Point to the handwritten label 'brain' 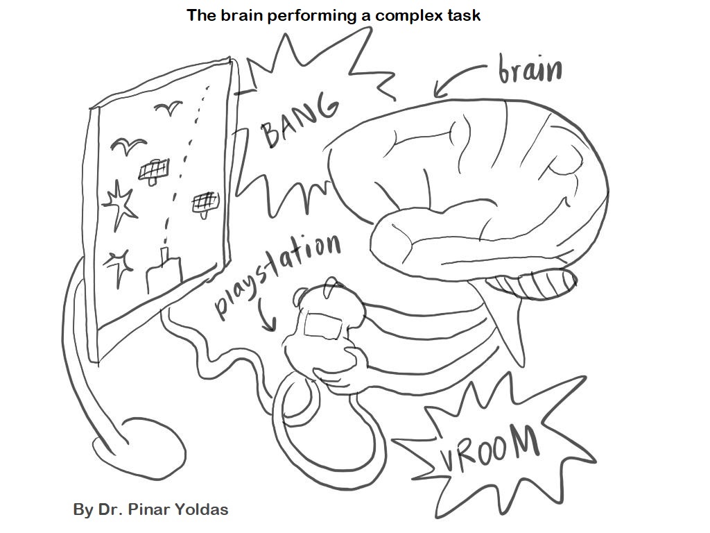[530, 69]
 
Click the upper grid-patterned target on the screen [153, 169]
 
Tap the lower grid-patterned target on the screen [205, 202]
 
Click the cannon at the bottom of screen [164, 271]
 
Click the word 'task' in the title [464, 15]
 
